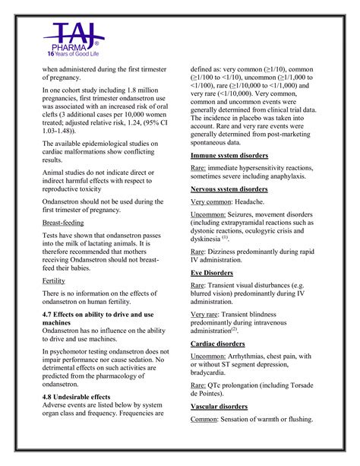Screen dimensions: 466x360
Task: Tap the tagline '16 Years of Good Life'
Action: tap(72, 54)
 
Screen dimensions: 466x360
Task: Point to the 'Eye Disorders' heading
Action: tap(212, 271)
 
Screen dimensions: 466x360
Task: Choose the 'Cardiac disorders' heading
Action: tap(217, 342)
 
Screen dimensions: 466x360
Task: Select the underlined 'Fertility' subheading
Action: tap(53, 281)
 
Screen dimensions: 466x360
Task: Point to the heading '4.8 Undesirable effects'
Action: tap(75, 397)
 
